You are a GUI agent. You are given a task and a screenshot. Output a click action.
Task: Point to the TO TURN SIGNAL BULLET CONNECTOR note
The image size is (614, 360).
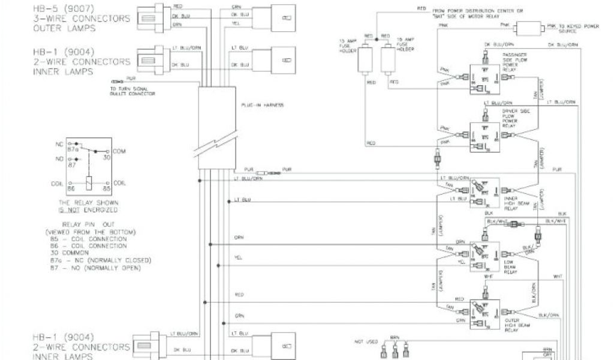133,92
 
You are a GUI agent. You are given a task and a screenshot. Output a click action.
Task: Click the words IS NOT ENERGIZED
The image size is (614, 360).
88,211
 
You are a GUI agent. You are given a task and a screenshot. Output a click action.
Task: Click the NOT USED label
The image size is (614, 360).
366,342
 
